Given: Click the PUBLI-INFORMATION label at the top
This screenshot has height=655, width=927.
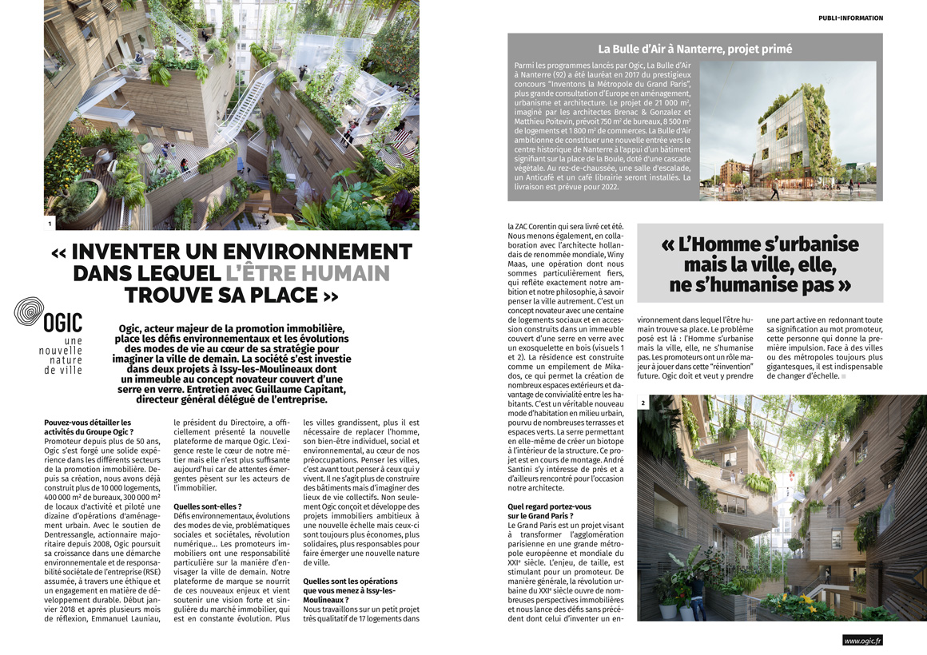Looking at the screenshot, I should (851, 18).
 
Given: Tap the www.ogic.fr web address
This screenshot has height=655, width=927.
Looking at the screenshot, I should (863, 640).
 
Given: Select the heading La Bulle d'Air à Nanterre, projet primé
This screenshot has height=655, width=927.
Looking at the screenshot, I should (695, 49).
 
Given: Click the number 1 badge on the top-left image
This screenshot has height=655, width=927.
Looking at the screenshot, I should (50, 224).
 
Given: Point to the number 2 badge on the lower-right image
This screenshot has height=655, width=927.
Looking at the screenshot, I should (643, 402).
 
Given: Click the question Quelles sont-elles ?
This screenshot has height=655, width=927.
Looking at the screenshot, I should (207, 506).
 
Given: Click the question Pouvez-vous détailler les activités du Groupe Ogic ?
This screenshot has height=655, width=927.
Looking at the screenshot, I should (88, 427).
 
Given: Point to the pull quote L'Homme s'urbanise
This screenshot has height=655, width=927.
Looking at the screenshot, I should (760, 244).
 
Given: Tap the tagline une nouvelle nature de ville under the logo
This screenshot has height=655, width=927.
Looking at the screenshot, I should (62, 355).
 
